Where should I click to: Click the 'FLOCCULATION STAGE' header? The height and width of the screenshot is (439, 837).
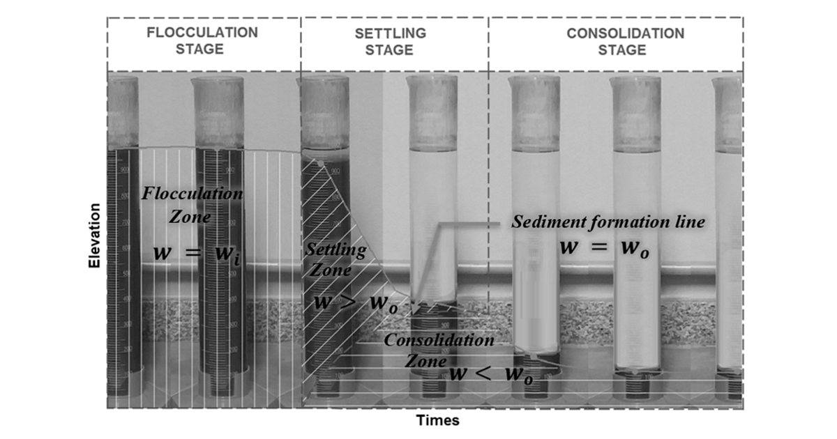coord(202,40)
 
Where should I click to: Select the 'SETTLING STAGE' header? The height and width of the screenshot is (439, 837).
coord(390,41)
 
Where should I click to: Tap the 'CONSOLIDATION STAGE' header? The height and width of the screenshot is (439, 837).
coord(625,41)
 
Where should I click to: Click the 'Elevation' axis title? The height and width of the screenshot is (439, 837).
coord(95,236)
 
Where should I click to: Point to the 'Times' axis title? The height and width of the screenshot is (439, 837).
coord(437,420)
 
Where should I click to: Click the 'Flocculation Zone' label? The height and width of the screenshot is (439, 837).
coord(192,205)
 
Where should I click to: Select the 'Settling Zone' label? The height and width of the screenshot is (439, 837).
coord(335,259)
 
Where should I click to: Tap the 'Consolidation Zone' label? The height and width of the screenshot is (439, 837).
coord(439,350)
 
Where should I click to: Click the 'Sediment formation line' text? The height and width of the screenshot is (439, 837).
coord(608,222)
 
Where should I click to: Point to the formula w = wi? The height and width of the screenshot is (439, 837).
coord(197,254)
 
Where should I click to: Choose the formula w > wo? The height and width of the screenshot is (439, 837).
coord(356,303)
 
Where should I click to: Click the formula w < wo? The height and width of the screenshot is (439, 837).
coord(491,374)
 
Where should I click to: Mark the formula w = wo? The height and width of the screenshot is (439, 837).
coord(604,248)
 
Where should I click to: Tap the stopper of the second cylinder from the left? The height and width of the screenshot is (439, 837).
coord(218,113)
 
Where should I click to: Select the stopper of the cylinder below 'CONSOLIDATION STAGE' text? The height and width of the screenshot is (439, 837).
coord(635,114)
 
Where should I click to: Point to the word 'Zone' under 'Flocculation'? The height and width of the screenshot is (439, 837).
coord(190,217)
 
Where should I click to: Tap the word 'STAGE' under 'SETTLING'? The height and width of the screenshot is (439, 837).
coord(389,50)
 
